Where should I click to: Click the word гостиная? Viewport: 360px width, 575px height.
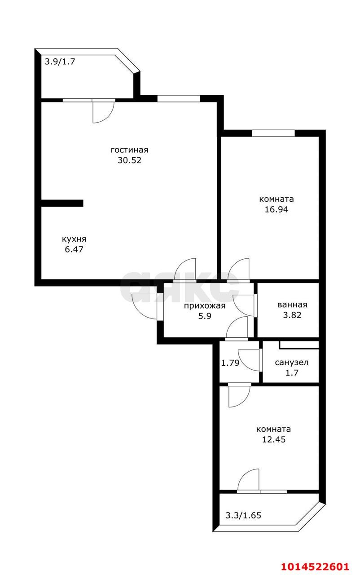pos(129,150)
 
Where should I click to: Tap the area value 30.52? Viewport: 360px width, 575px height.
pos(129,160)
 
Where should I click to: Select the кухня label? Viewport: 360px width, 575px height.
pos(74,239)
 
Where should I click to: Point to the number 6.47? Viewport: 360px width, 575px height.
pos(74,249)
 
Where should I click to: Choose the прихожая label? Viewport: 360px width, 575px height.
pos(204,306)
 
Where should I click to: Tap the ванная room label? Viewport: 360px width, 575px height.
pos(292,305)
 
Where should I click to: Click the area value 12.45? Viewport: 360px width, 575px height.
pos(274,439)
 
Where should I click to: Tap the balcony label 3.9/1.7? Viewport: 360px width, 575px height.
pos(59,62)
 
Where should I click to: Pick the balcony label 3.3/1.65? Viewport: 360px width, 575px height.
pos(243,515)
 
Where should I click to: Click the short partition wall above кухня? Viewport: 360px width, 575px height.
pos(62,203)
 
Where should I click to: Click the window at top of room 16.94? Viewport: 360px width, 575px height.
pos(273,133)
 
